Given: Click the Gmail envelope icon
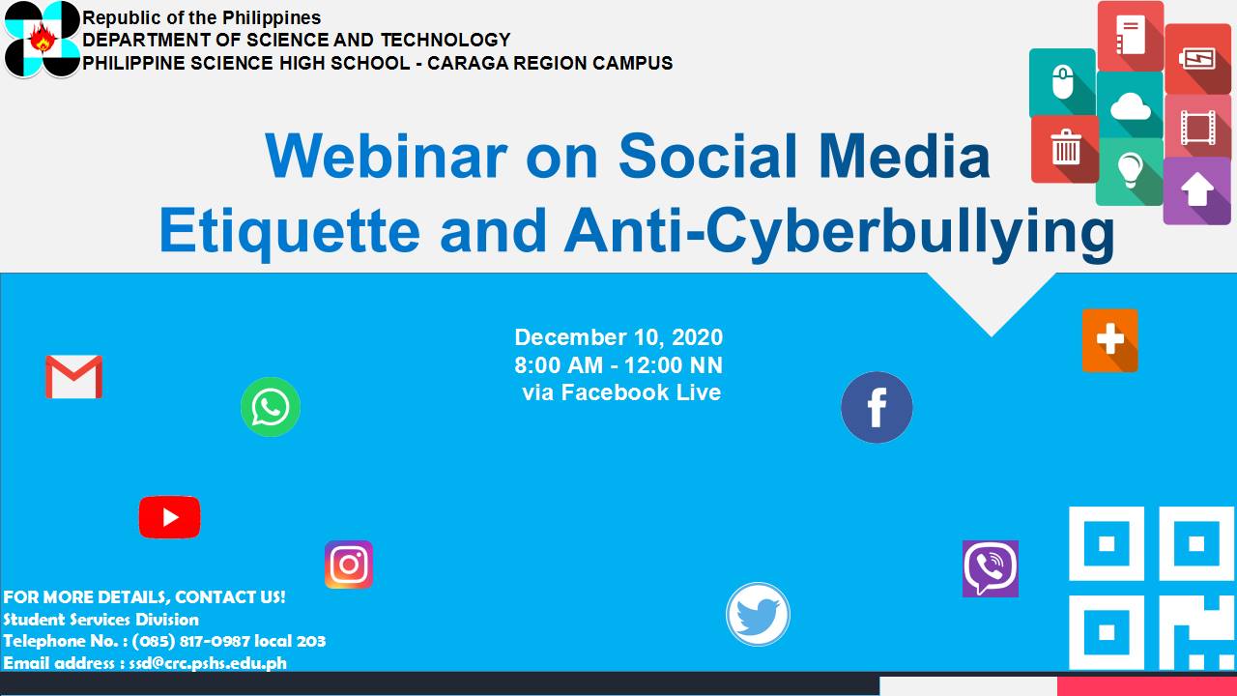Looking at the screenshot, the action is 74,377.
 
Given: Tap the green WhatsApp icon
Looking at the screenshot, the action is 271,407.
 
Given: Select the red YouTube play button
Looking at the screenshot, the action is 169,517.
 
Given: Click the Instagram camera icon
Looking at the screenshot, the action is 349,565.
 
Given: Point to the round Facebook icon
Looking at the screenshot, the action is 877,407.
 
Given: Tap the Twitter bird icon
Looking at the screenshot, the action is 759,614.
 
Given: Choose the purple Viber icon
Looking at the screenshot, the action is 991,569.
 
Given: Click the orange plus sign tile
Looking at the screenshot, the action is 1110,340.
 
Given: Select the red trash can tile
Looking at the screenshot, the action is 1065,149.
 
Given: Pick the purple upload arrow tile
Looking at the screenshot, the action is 1197,191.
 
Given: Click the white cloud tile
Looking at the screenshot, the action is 1130,105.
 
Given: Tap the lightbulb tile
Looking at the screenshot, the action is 1130,171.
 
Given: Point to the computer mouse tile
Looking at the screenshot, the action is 1062,83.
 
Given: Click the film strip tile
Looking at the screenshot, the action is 1197,127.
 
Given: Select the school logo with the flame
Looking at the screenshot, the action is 43,39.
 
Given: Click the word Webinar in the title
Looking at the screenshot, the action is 386,156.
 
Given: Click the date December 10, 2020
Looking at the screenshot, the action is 618,337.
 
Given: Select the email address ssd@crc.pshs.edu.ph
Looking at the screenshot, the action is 208,663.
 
